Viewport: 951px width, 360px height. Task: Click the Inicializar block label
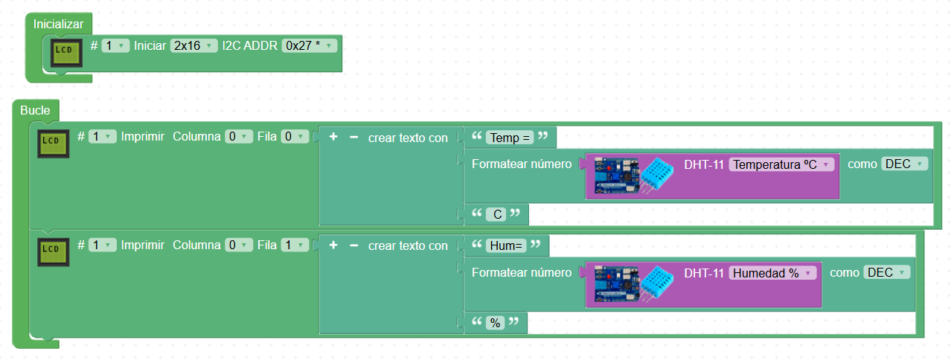pyautogui.click(x=58, y=25)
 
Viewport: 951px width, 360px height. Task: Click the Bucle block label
pyautogui.click(x=35, y=111)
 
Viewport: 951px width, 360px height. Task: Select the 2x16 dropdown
pyautogui.click(x=193, y=46)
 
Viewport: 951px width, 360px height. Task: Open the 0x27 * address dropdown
pyautogui.click(x=309, y=46)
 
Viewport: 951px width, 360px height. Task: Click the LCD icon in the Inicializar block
pyautogui.click(x=67, y=51)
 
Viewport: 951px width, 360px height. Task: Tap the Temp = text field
pyautogui.click(x=510, y=138)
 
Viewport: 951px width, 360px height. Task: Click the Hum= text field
pyautogui.click(x=506, y=245)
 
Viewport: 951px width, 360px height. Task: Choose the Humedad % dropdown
pyautogui.click(x=772, y=273)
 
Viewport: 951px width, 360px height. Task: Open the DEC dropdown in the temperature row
pyautogui.click(x=904, y=164)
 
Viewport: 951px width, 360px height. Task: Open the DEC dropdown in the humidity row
pyautogui.click(x=886, y=273)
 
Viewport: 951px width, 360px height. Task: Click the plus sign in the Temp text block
pyautogui.click(x=333, y=138)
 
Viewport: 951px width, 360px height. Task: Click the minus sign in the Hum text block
pyautogui.click(x=353, y=245)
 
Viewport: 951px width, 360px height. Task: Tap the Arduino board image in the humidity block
pyautogui.click(x=617, y=285)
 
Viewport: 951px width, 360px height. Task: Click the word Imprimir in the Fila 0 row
pyautogui.click(x=143, y=138)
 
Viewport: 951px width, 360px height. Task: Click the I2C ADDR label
pyautogui.click(x=249, y=46)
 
